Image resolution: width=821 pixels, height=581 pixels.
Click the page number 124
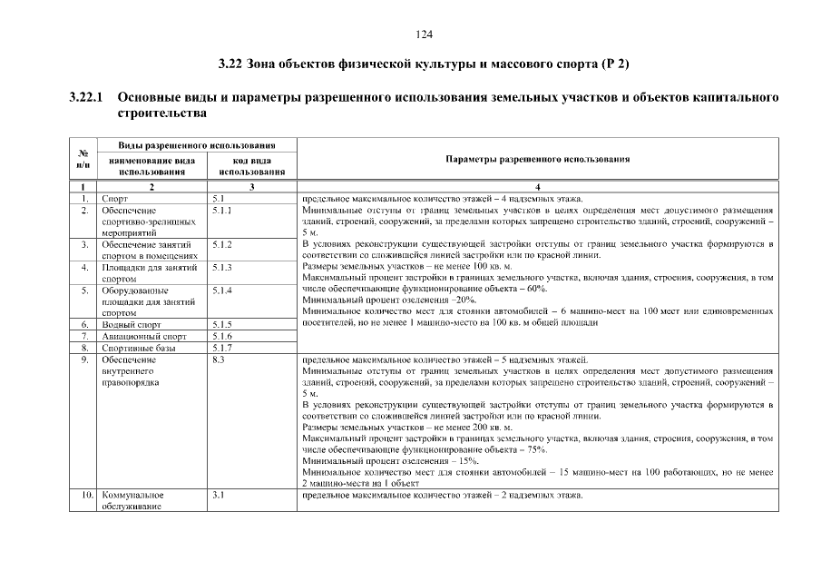(423, 34)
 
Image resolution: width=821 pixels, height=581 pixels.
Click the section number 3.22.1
(86, 97)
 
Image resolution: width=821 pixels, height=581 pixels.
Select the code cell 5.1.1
(221, 210)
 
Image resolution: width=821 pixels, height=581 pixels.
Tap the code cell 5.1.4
(221, 290)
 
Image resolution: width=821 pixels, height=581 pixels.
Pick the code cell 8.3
(218, 359)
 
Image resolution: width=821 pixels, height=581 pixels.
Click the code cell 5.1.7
(221, 347)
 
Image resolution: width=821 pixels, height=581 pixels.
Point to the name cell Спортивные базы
(133, 347)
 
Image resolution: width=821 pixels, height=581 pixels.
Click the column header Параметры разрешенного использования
(538, 159)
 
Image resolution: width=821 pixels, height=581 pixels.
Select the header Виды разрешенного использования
(197, 145)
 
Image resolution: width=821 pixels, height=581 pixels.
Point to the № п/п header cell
(83, 159)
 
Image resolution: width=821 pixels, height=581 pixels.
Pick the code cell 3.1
(218, 495)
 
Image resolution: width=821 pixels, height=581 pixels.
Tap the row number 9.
(83, 359)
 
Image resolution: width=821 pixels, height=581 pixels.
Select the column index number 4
(538, 185)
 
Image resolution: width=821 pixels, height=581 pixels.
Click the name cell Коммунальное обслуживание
(132, 500)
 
